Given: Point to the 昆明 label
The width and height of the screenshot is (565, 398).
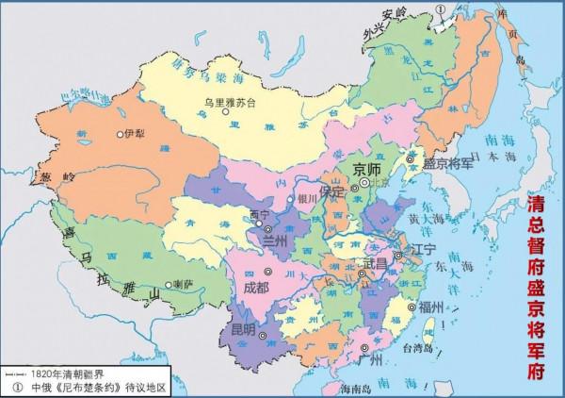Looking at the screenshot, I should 241,328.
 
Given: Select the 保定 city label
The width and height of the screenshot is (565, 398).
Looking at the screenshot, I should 332,190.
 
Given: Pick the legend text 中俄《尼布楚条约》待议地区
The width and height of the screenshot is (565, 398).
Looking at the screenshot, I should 89,387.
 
